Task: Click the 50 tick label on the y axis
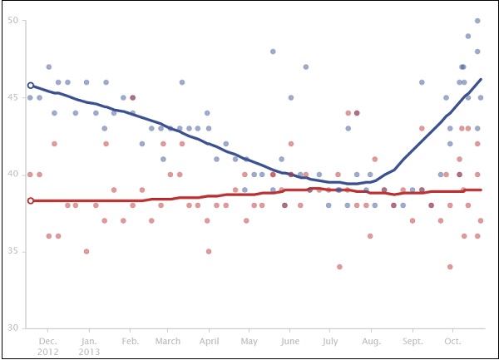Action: point(13,20)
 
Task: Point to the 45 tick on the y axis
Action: point(13,97)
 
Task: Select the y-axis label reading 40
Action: point(13,174)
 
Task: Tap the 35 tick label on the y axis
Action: point(13,251)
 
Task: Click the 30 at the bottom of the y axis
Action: point(13,328)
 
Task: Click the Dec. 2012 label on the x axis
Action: point(48,346)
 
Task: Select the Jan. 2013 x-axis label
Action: point(89,346)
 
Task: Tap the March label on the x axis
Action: point(167,341)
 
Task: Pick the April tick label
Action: point(209,341)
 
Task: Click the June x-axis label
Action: point(290,341)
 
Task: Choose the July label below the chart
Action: point(331,341)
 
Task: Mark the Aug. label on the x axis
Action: point(372,341)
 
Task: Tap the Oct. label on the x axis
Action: point(453,341)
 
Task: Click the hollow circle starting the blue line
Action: point(31,85)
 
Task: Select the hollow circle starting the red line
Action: point(31,200)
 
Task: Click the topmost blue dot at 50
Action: point(477,21)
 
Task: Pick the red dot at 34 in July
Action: point(339,267)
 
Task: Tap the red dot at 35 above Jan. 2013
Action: point(86,251)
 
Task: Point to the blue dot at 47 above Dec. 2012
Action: point(49,67)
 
